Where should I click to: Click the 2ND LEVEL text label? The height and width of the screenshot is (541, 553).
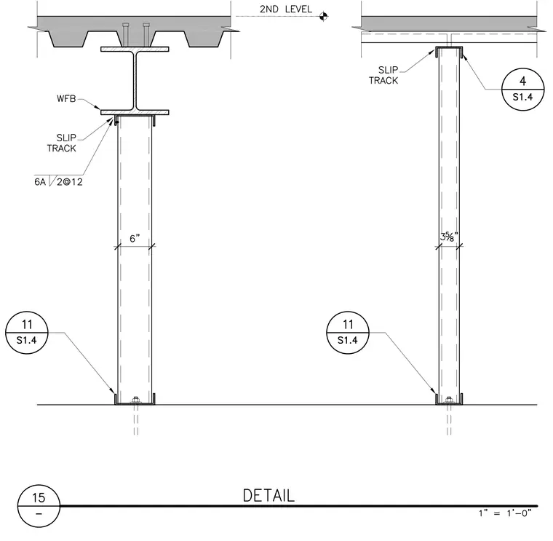tap(286, 9)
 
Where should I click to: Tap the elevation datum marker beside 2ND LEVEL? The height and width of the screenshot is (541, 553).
tap(323, 16)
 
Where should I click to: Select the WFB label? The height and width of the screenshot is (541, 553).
tap(66, 98)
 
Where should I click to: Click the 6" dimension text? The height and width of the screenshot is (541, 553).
tap(135, 239)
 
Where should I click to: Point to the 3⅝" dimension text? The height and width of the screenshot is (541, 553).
tap(449, 237)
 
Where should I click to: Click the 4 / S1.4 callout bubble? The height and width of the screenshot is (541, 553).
tap(522, 90)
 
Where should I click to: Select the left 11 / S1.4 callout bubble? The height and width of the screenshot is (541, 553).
tap(27, 333)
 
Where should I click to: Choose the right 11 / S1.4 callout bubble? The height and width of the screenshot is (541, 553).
tap(348, 333)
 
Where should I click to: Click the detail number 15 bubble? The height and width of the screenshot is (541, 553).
tap(39, 506)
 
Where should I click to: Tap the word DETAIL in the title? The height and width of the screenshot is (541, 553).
tap(268, 496)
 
